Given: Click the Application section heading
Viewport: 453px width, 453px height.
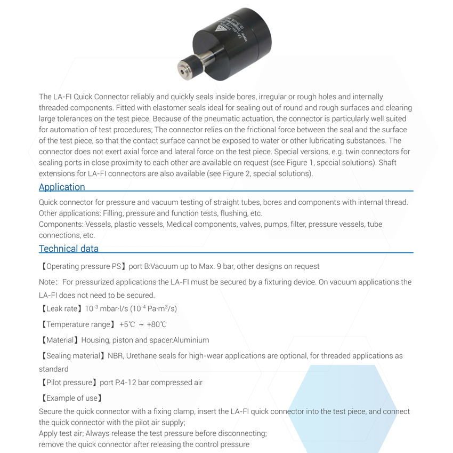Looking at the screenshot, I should click(62, 187).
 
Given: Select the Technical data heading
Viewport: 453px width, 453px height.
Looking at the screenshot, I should click(69, 249).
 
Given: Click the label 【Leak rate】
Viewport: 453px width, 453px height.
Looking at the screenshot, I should click(61, 308).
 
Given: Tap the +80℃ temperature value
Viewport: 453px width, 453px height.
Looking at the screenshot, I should click(157, 324).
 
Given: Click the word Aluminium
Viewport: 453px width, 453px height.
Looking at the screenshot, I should click(191, 340).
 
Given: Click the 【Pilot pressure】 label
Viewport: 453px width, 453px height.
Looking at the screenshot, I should click(69, 382).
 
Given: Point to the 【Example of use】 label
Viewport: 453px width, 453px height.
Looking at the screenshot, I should click(71, 398).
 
